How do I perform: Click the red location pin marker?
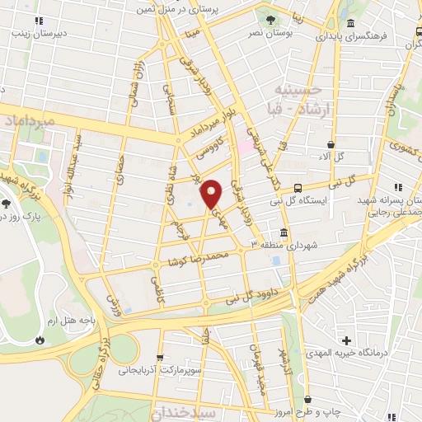[x=212, y=193]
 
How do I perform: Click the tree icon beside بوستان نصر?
[x=270, y=16]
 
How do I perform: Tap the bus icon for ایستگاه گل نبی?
[x=298, y=187]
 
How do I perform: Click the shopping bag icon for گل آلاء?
[x=331, y=144]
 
